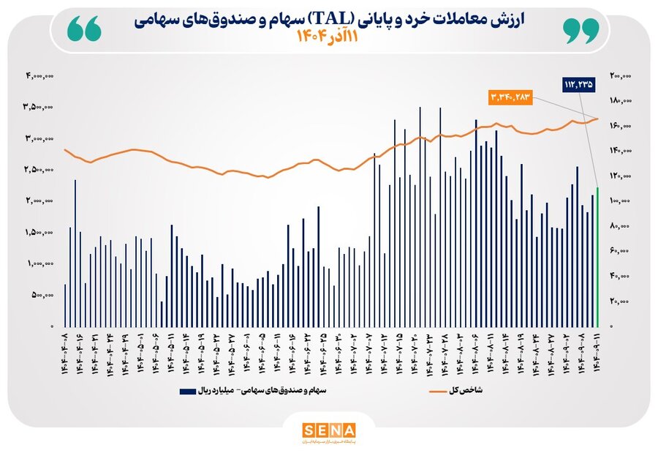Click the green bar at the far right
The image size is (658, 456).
597,256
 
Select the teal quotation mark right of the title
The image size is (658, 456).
581,29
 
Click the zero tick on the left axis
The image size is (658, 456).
51,326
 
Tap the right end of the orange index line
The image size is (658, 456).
597,118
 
